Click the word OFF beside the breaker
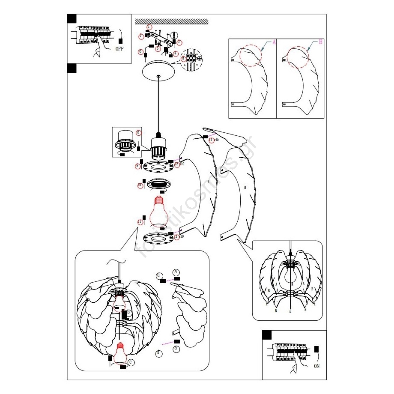[x=119, y=49]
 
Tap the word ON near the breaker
[x=316, y=366]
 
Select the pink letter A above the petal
[x=274, y=43]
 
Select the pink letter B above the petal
[x=320, y=42]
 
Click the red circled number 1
[x=149, y=27]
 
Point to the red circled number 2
[x=179, y=42]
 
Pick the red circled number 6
[x=140, y=51]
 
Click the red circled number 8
[x=138, y=132]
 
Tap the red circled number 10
[x=140, y=185]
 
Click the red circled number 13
[x=176, y=236]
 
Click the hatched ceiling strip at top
[x=171, y=21]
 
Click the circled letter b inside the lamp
[x=128, y=313]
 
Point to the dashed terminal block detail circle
[x=191, y=58]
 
